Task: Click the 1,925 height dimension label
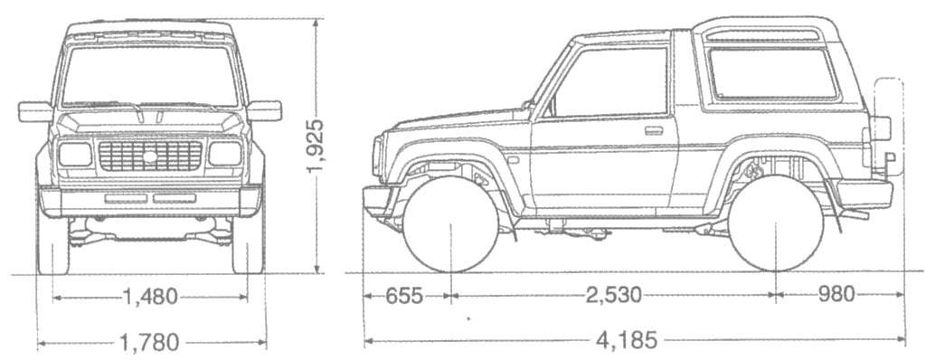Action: click(316, 146)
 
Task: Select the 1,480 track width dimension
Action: click(150, 296)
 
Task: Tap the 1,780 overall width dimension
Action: click(150, 342)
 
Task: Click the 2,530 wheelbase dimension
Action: click(614, 295)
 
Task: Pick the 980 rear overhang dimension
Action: click(836, 294)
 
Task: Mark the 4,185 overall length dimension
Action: click(627, 340)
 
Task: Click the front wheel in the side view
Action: click(450, 224)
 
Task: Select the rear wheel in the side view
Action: click(776, 223)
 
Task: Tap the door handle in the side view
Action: click(654, 130)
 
